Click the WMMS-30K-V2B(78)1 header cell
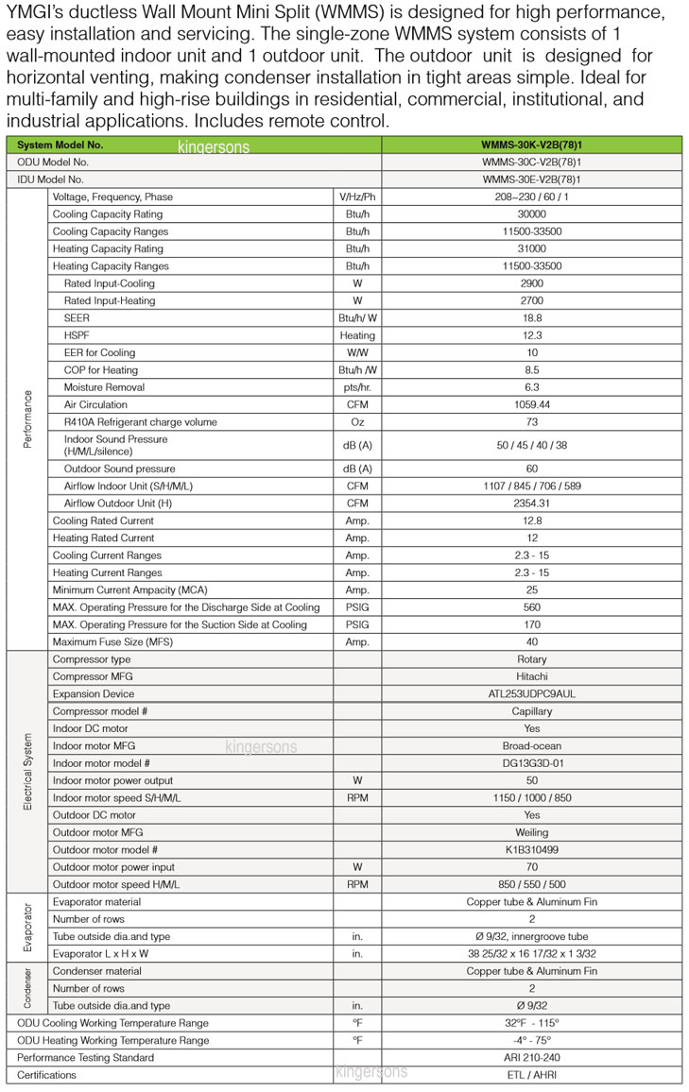pyautogui.click(x=531, y=145)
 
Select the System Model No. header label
pyautogui.click(x=60, y=145)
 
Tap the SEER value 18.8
pyautogui.click(x=532, y=318)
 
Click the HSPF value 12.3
pyautogui.click(x=532, y=335)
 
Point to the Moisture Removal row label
pyautogui.click(x=104, y=387)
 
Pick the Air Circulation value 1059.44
pyautogui.click(x=532, y=404)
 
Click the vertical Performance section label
pyautogui.click(x=26, y=418)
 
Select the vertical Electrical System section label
pyautogui.click(x=26, y=771)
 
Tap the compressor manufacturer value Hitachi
pyautogui.click(x=532, y=676)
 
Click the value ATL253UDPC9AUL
pyautogui.click(x=532, y=693)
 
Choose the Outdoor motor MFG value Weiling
pyautogui.click(x=532, y=832)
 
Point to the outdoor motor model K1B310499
pyautogui.click(x=532, y=849)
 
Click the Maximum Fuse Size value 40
pyautogui.click(x=532, y=641)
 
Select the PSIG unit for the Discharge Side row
pyautogui.click(x=357, y=607)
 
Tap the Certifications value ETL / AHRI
pyautogui.click(x=532, y=1075)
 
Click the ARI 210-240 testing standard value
pyautogui.click(x=532, y=1057)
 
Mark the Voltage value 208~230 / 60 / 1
pyautogui.click(x=532, y=196)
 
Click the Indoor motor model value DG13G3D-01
pyautogui.click(x=532, y=762)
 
